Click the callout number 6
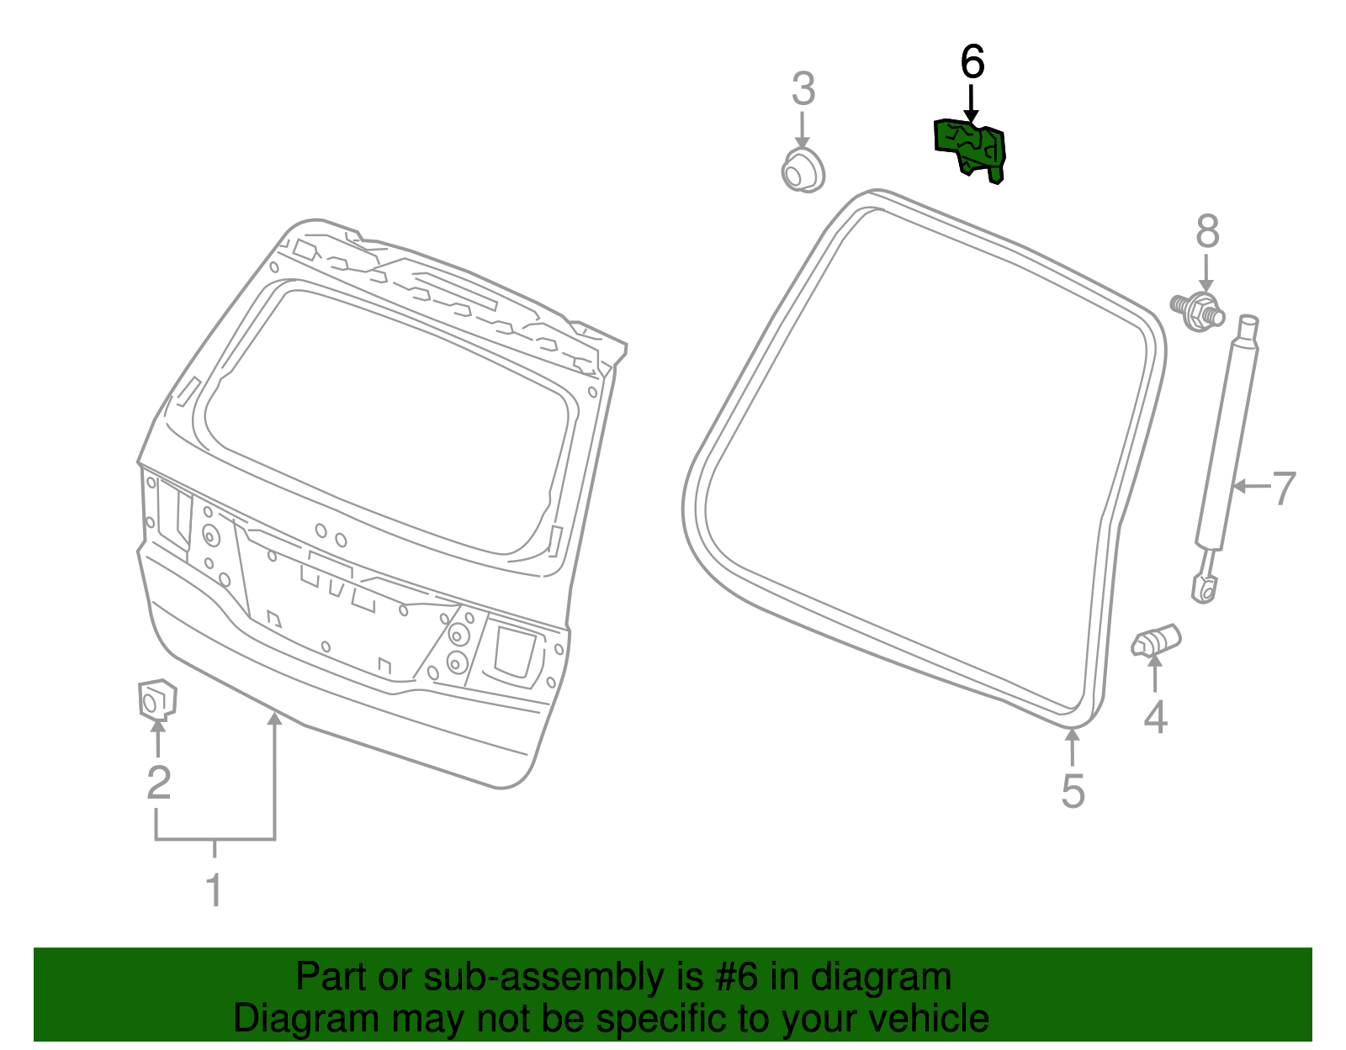click(x=972, y=62)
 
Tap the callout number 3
click(x=803, y=89)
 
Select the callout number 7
click(x=1284, y=488)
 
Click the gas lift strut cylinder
click(x=1227, y=437)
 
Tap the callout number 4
click(x=1156, y=717)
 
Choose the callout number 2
click(x=158, y=783)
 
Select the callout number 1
click(x=215, y=890)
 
